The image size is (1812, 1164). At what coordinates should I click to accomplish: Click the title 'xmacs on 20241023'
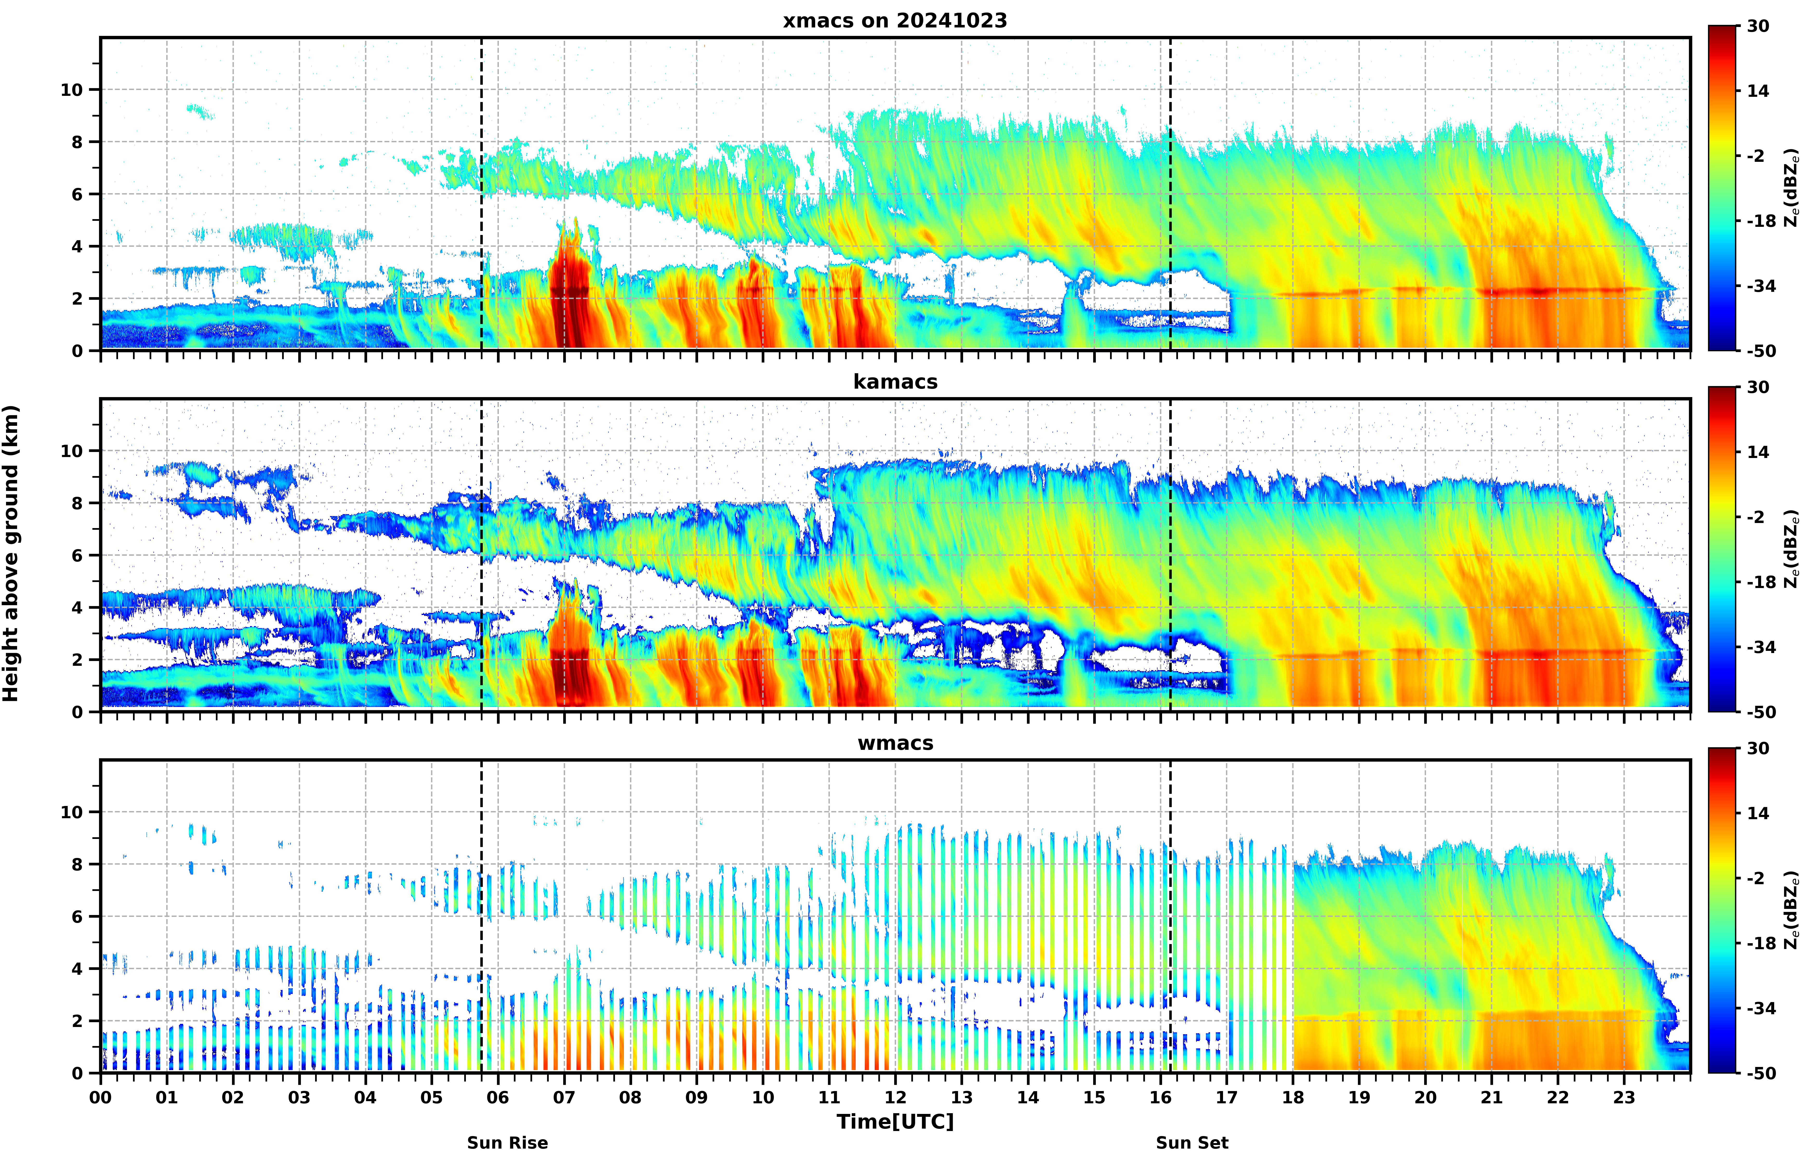(895, 20)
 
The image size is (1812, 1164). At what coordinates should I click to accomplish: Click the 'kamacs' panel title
(895, 382)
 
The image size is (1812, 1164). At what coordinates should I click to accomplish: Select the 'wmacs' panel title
(895, 743)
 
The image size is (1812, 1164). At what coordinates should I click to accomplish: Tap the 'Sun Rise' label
(507, 1143)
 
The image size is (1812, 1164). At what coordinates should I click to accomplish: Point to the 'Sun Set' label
(1192, 1143)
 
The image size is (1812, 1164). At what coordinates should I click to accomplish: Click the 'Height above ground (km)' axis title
(11, 553)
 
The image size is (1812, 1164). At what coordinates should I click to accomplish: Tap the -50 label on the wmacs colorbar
(1761, 1073)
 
